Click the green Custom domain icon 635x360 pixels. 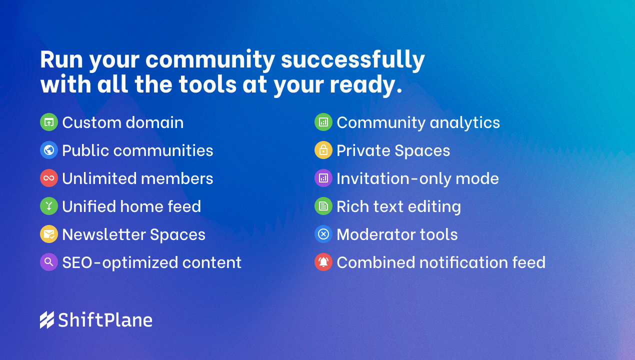coord(49,122)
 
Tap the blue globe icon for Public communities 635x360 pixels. coord(49,150)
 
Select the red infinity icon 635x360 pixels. coord(49,178)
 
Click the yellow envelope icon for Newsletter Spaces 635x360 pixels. coord(49,234)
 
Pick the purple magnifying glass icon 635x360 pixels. coord(49,262)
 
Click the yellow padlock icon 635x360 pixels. coord(323,150)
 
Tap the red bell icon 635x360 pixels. coord(323,262)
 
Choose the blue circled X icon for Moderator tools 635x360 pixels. coord(323,234)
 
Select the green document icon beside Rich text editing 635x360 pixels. coord(323,206)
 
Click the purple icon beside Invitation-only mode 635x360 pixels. coord(323,178)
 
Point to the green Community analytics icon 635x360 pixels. coord(323,122)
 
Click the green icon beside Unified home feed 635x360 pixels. coord(49,206)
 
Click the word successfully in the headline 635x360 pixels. coord(353,59)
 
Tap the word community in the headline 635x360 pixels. coord(210,60)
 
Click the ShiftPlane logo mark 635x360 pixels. coord(47,320)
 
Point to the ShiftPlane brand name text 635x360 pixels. coord(105,320)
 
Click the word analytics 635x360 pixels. coord(465,122)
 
